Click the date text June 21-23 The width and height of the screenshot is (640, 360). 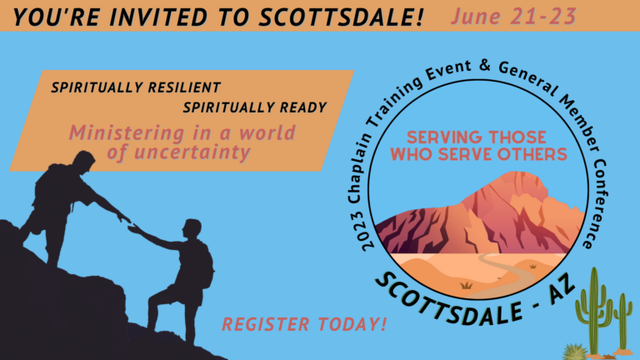[513, 17]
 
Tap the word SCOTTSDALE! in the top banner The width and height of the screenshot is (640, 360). [342, 17]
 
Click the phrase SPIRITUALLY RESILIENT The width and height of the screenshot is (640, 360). [136, 87]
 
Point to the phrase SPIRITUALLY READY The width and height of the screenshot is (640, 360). [255, 107]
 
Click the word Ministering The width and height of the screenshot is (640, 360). [127, 133]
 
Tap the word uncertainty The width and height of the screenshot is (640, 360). [192, 152]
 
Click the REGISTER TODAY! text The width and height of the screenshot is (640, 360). [304, 324]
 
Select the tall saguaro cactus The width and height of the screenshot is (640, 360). [594, 312]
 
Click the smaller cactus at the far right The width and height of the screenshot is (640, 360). [622, 322]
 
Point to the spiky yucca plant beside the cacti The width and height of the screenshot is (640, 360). [575, 352]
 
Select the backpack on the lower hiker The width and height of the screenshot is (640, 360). [206, 263]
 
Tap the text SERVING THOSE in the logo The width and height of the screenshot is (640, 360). [477, 137]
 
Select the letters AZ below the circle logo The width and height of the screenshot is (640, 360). [562, 290]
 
